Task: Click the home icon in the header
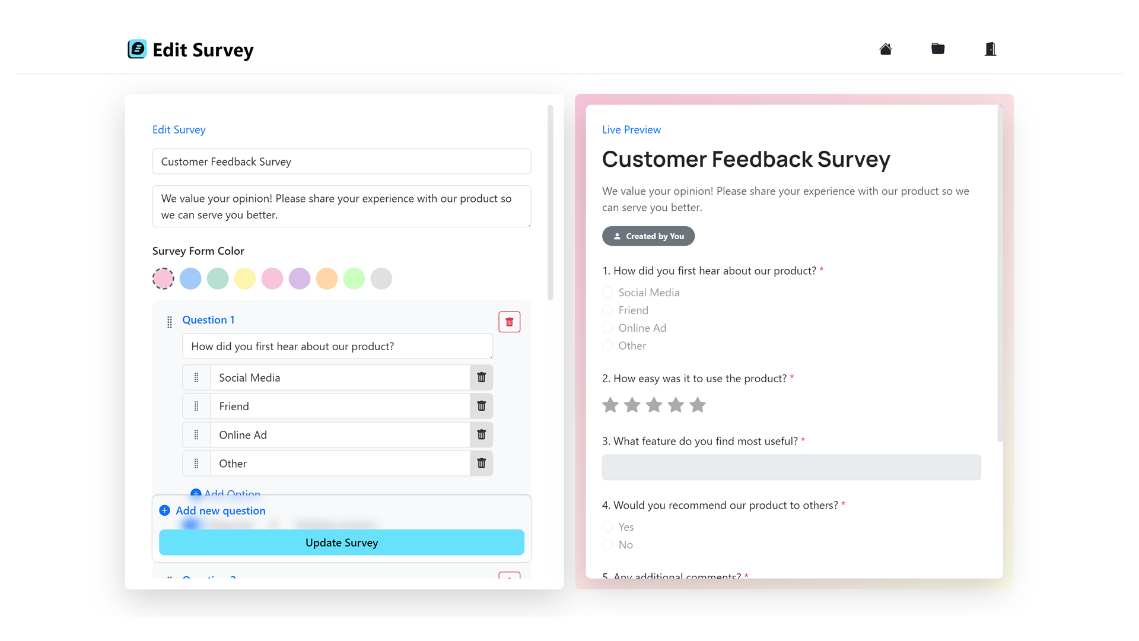click(x=886, y=49)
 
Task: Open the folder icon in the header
click(x=938, y=49)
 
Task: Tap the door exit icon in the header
click(x=990, y=49)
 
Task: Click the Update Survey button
click(x=342, y=542)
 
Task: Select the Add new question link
click(x=220, y=510)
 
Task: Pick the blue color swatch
click(x=190, y=278)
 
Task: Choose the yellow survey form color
click(x=245, y=278)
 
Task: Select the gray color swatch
click(x=381, y=278)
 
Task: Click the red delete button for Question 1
click(x=509, y=322)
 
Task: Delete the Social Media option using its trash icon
click(x=482, y=377)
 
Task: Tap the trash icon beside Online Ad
click(x=482, y=435)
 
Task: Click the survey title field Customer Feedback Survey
click(x=342, y=161)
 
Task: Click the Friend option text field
click(x=341, y=407)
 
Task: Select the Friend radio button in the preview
click(x=607, y=310)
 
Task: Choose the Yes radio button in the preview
click(x=607, y=527)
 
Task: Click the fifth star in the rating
click(x=698, y=405)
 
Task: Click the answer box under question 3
click(x=791, y=468)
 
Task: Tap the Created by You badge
click(x=648, y=236)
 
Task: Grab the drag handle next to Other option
click(x=196, y=464)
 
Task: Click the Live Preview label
click(x=631, y=130)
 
